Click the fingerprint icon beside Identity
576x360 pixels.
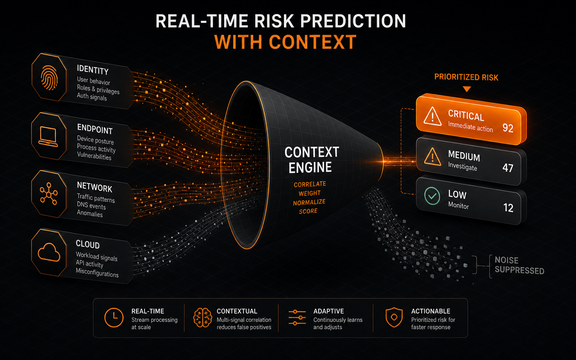[49, 78]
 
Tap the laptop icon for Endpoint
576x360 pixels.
[48, 137]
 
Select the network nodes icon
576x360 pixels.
[49, 193]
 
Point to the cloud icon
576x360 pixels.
[49, 252]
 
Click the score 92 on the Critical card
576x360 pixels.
[508, 128]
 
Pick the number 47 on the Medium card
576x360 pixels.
[508, 168]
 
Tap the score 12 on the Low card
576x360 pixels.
[508, 207]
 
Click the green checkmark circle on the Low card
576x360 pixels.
[432, 196]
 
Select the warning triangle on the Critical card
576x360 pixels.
[432, 116]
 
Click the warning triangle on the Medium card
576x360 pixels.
[432, 157]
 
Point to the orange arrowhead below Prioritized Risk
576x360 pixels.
[467, 89]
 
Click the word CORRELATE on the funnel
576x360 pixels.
[310, 184]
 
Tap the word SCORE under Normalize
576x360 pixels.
[308, 211]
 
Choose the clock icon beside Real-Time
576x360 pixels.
[114, 318]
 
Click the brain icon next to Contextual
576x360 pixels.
[202, 318]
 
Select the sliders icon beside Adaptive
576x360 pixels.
[297, 318]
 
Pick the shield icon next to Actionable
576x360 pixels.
[394, 317]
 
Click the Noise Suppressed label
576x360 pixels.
[519, 265]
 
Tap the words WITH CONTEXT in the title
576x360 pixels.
[285, 42]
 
